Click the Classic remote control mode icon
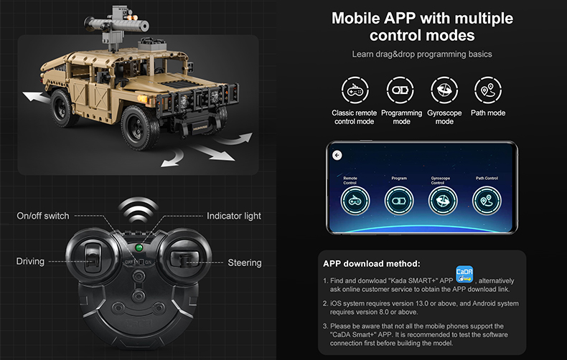(x=354, y=91)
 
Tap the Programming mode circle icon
(x=400, y=91)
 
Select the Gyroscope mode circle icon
(x=444, y=91)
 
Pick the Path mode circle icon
(x=488, y=91)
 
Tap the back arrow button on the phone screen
(x=337, y=155)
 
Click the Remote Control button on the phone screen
(x=355, y=201)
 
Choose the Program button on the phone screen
(x=399, y=201)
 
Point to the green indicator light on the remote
(x=139, y=248)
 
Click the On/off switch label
(x=43, y=216)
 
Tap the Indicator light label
(x=234, y=216)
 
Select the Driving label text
(x=30, y=262)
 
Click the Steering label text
(x=245, y=262)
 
